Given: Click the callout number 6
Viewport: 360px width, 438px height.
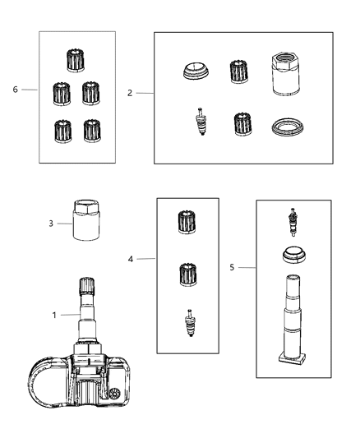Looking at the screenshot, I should point(16,90).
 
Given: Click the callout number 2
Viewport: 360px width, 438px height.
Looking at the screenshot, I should point(130,94).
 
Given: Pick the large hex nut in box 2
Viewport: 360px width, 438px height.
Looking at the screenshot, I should point(287,74).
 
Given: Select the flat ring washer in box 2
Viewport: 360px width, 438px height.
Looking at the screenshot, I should point(288,127).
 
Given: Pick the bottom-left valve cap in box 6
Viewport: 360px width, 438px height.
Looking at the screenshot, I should point(61,130).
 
